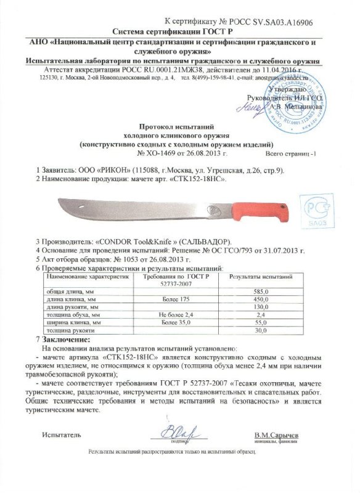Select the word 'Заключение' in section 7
65,340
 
